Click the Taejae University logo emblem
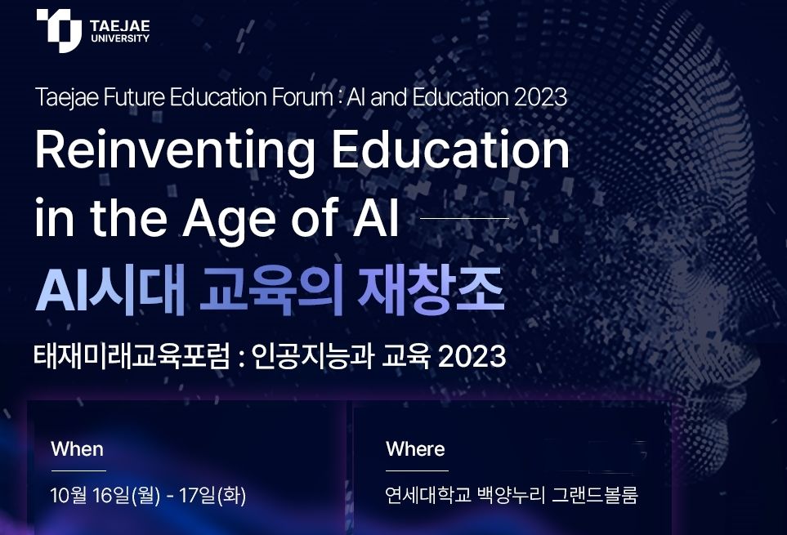pos(59,30)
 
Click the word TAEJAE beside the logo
pos(120,25)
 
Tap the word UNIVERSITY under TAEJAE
pos(120,38)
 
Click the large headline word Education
pos(451,149)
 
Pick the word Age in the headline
pos(229,220)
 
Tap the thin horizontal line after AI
pos(464,219)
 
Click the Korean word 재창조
pos(430,289)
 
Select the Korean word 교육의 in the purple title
pos(271,289)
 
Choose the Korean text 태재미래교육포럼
pos(132,356)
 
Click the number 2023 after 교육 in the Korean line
pos(472,356)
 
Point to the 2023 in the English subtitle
pos(540,97)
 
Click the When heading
pos(78,449)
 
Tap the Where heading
pos(415,449)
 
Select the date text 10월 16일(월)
pos(105,496)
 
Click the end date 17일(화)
pos(212,496)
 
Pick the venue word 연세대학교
pos(428,496)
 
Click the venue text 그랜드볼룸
pos(595,496)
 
